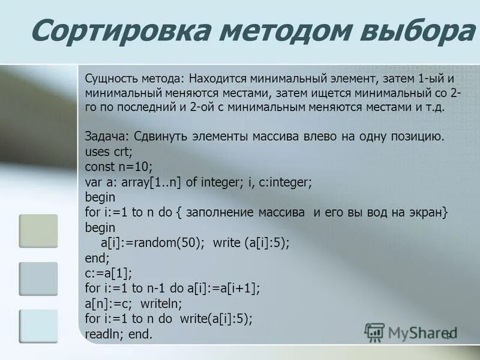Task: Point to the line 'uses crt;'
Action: tap(107, 151)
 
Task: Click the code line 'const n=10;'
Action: tap(119, 166)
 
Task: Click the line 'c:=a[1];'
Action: tap(109, 273)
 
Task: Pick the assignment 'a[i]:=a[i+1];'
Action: tap(223, 289)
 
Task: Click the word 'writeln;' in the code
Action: tap(164, 304)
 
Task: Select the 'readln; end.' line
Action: tap(119, 334)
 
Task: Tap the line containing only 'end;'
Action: tap(97, 258)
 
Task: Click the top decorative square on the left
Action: tap(38, 231)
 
